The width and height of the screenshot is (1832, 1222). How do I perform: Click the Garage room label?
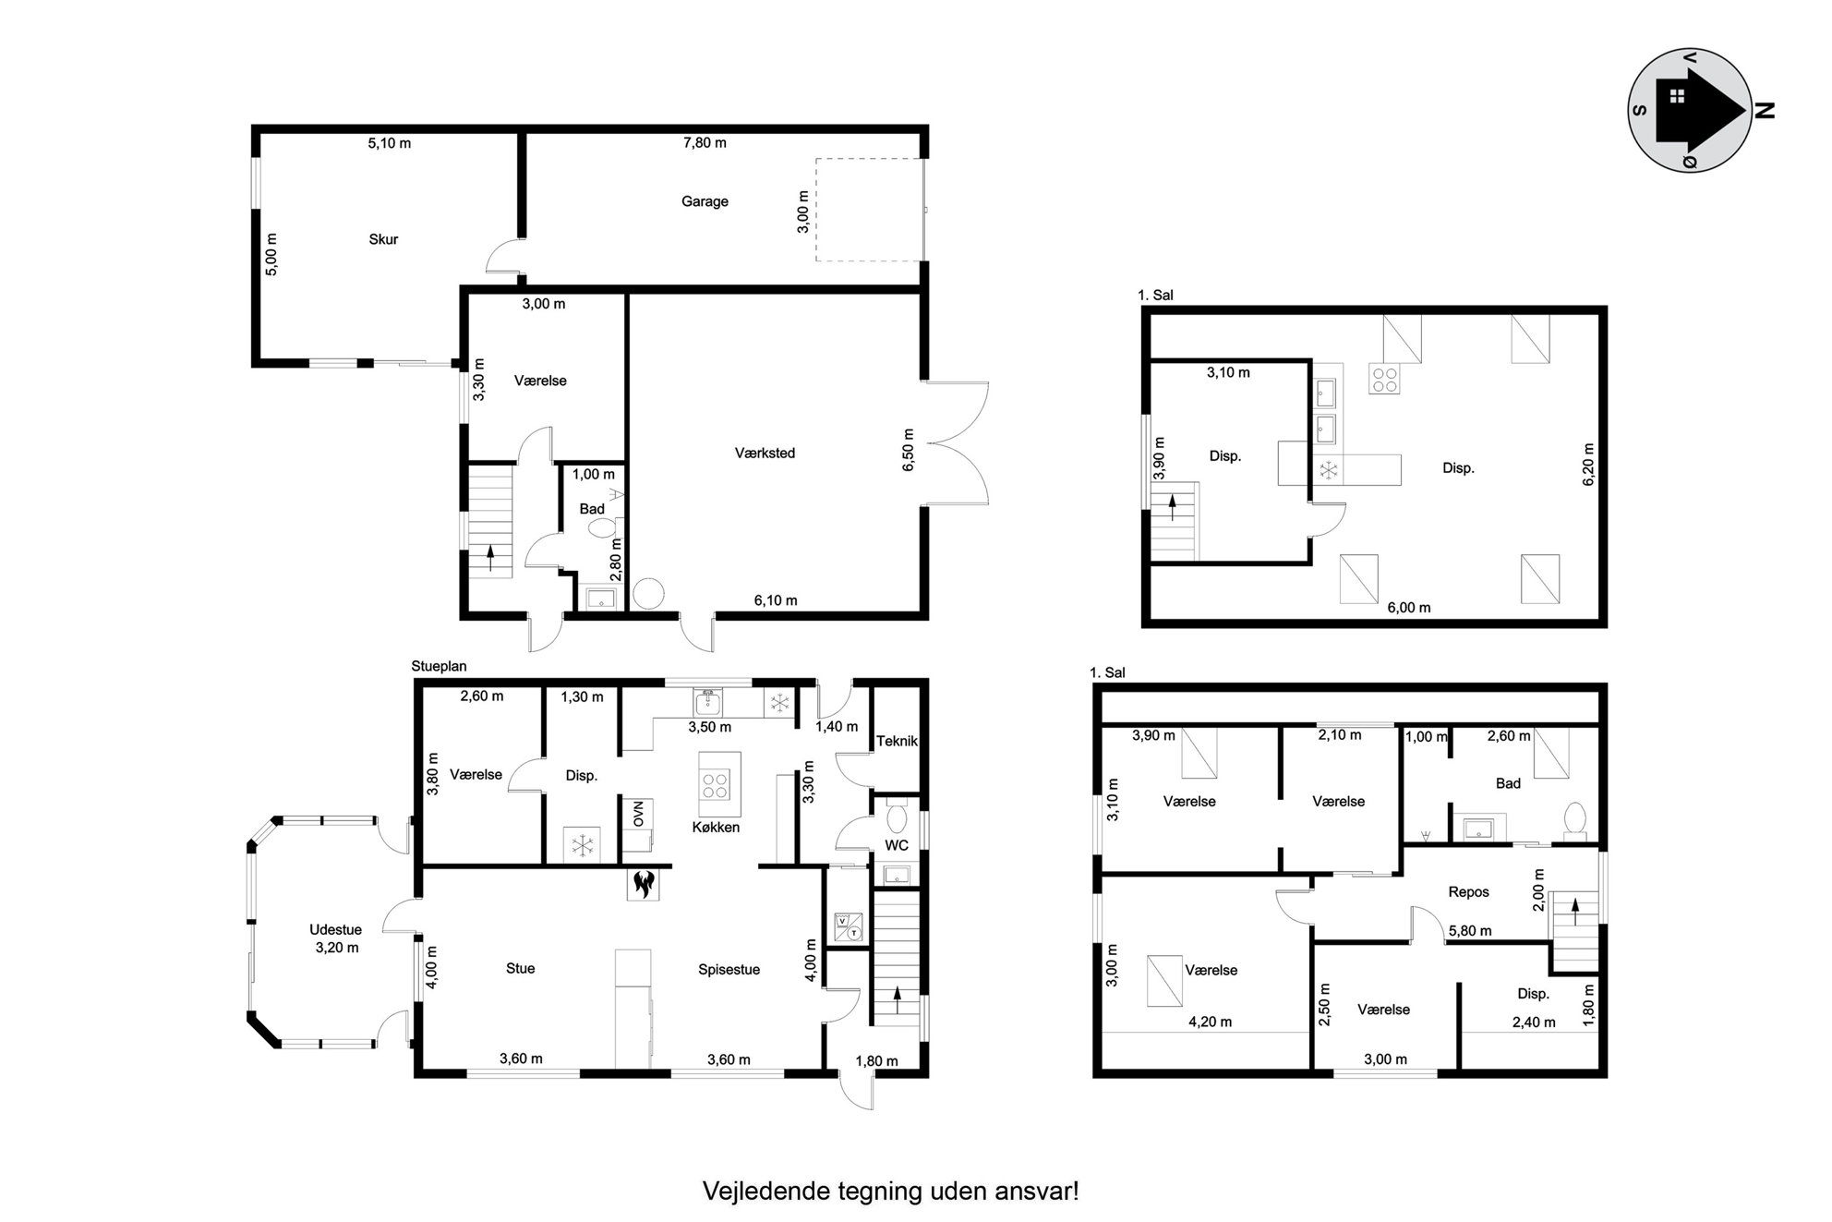[x=705, y=201]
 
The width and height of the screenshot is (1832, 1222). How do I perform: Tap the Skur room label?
[x=383, y=239]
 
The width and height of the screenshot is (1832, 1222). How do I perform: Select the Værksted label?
[x=765, y=453]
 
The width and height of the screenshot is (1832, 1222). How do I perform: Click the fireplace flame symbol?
[x=644, y=884]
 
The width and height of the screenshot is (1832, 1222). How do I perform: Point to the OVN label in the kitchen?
[x=638, y=814]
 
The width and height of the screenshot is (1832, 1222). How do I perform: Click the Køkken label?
[x=716, y=827]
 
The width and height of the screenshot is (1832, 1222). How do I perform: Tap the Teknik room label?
[x=897, y=741]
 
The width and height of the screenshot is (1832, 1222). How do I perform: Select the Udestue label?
[x=335, y=930]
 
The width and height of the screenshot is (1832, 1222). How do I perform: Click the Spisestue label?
[x=729, y=970]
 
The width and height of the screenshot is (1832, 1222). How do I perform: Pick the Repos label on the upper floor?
[x=1468, y=892]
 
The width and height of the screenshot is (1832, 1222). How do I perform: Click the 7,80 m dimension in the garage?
[x=705, y=142]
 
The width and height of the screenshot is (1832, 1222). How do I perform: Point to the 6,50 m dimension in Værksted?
[x=908, y=450]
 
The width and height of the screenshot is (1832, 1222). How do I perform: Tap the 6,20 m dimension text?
[x=1588, y=465]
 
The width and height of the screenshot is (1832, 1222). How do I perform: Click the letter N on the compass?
[x=1764, y=111]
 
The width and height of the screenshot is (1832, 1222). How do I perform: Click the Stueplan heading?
[x=440, y=666]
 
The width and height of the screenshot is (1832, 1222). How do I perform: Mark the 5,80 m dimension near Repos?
[x=1470, y=931]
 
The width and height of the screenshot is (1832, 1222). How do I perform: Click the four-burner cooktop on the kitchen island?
[x=715, y=786]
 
